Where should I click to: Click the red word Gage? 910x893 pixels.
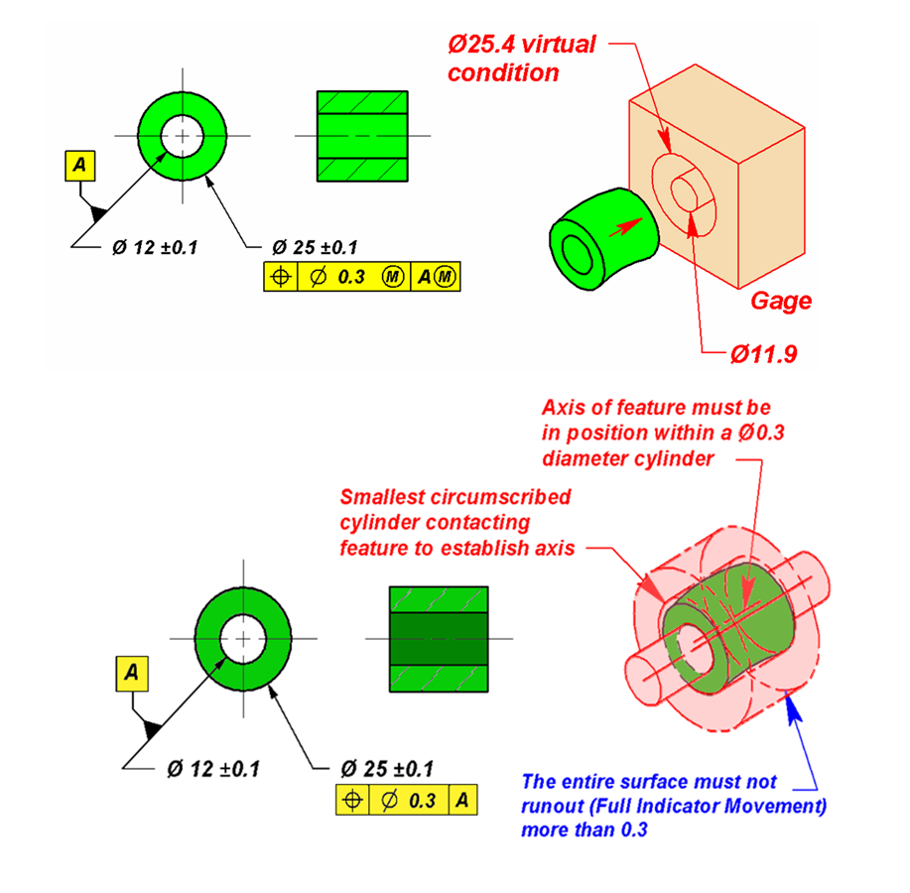tap(780, 301)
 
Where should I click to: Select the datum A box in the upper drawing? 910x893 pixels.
tap(78, 167)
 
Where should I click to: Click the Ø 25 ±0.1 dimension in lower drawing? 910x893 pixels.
tap(386, 768)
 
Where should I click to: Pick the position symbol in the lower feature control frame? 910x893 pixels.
tap(352, 801)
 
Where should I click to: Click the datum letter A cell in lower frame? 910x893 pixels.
tap(462, 801)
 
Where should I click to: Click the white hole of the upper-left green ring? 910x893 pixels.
tap(182, 135)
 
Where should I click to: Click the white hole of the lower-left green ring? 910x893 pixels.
tap(240, 638)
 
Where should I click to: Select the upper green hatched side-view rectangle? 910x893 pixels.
tap(361, 136)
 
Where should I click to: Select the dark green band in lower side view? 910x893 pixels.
tap(438, 637)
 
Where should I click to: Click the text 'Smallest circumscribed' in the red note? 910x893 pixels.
tap(455, 496)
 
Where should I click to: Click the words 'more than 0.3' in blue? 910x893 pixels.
tap(585, 829)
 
